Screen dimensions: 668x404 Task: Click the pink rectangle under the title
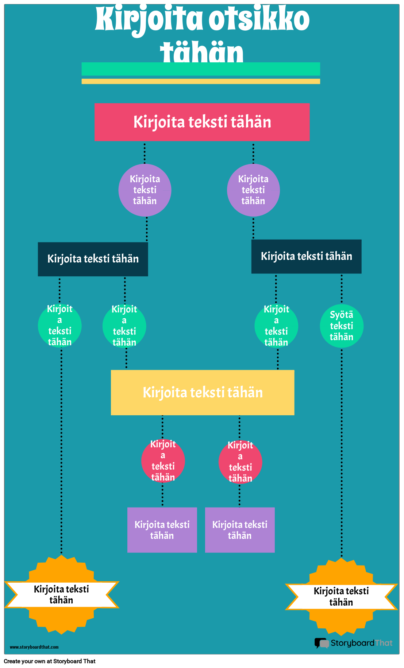(202, 122)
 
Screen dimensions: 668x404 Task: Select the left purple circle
(145, 190)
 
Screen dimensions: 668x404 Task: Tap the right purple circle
(253, 190)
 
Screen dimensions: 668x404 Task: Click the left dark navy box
(93, 259)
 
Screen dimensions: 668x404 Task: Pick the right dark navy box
(306, 256)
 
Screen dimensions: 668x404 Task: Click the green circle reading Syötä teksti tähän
(342, 326)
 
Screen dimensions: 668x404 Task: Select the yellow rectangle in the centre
(203, 392)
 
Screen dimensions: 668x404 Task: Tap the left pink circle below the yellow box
(163, 461)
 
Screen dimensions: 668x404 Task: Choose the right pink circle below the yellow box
(240, 462)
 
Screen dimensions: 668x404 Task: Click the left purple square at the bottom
(162, 530)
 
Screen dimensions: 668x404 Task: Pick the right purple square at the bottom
(240, 530)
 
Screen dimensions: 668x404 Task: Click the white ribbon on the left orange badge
(61, 594)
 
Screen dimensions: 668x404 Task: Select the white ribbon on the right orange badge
(341, 597)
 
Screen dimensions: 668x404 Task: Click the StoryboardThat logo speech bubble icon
(322, 643)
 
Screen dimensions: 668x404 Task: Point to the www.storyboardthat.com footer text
(34, 647)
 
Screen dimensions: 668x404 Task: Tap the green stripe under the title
(201, 69)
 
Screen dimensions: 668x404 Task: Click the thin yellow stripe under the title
(201, 81)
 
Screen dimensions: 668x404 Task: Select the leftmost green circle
(59, 326)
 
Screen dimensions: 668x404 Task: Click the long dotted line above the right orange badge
(342, 452)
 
